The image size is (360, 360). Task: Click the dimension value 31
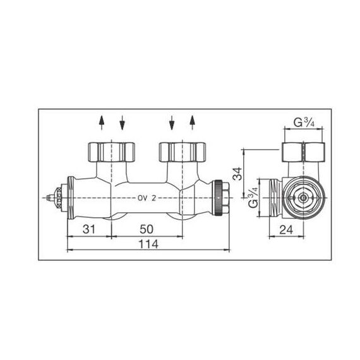89,229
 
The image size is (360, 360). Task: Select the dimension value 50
147,229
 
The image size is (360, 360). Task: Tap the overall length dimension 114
148,244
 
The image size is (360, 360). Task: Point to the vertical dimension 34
237,174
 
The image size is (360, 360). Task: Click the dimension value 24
286,230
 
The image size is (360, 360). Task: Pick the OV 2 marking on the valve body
147,198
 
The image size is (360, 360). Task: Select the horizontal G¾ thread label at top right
304,123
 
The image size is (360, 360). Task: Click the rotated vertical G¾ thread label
253,198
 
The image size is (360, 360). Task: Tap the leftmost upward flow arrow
102,123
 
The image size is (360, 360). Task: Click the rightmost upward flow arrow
193,123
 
